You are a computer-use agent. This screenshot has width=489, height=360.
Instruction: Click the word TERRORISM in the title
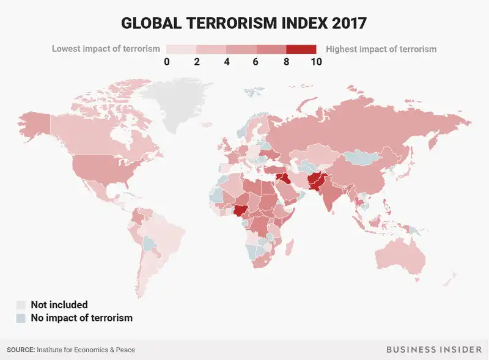[x=233, y=23]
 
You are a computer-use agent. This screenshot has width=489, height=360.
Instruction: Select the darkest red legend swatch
[x=301, y=49]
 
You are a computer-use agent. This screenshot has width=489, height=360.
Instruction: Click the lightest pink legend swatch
[x=180, y=49]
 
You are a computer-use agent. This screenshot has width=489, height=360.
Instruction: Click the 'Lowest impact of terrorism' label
[x=106, y=49]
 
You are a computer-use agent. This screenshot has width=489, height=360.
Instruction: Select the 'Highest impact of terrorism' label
[x=381, y=49]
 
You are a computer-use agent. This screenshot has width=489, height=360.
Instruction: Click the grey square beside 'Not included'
[x=21, y=304]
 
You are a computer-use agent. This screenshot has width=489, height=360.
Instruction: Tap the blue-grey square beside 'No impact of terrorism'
[x=21, y=318]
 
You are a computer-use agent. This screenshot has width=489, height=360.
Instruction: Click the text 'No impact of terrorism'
[x=81, y=318]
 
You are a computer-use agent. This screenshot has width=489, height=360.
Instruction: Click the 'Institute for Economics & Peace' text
[x=86, y=350]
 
